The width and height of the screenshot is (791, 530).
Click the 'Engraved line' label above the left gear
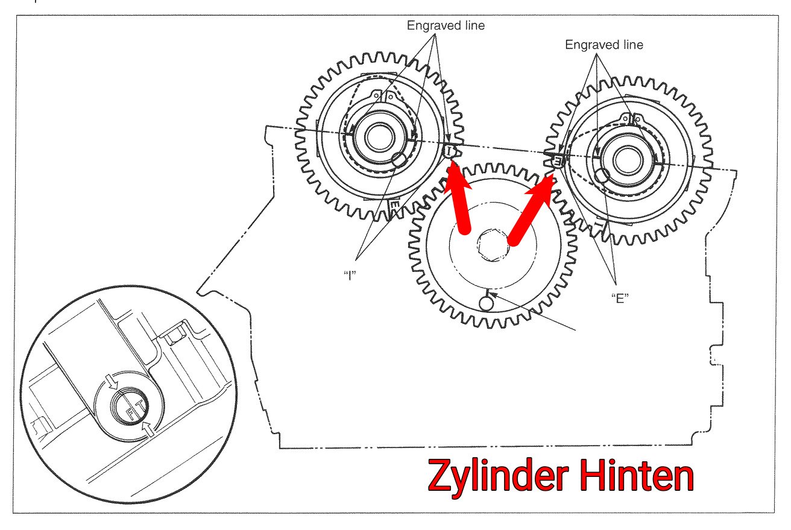click(446, 25)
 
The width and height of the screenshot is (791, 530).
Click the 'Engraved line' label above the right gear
click(604, 45)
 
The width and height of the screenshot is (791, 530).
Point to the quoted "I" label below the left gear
click(350, 275)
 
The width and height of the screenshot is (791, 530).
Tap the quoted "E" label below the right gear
click(620, 298)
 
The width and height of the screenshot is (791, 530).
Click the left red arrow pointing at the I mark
click(459, 197)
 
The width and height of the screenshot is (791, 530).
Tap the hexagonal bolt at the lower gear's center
click(493, 245)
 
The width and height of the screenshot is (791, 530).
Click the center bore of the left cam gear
click(379, 137)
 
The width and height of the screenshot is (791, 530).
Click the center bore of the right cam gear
click(628, 160)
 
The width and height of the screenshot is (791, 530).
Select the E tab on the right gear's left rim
click(557, 162)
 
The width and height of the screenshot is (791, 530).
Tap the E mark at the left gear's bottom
click(394, 206)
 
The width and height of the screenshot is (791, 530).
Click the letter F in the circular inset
click(130, 413)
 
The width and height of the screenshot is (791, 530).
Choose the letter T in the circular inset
click(140, 405)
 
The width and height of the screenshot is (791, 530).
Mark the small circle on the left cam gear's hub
click(399, 160)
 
